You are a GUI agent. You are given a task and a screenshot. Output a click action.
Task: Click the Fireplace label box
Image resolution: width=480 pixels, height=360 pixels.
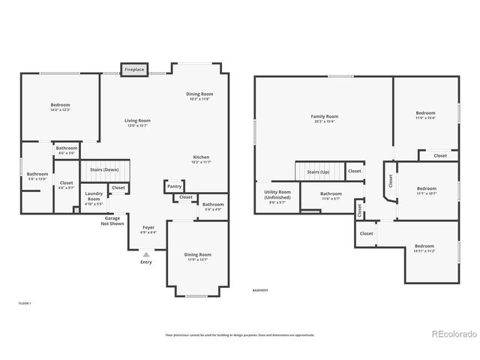134,69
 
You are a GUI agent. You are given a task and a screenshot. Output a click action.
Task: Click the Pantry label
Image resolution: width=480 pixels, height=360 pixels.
175,186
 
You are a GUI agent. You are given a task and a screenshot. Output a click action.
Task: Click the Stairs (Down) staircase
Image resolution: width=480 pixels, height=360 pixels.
105,170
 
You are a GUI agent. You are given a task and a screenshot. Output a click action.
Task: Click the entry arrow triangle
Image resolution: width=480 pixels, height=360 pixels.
146,255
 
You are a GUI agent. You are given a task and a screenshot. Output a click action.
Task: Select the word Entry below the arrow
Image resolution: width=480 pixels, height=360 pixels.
146,262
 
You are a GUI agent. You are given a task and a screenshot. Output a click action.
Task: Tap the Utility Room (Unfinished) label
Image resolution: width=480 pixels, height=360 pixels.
277,197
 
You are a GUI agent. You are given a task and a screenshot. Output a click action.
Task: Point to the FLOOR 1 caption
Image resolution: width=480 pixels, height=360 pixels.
25,303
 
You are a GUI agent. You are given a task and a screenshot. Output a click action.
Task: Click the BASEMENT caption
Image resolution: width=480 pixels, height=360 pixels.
259,290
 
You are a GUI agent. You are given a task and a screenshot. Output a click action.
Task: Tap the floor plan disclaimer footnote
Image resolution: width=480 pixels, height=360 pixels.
239,334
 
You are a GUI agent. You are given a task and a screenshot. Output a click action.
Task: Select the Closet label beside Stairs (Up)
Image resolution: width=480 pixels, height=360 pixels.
354,171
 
